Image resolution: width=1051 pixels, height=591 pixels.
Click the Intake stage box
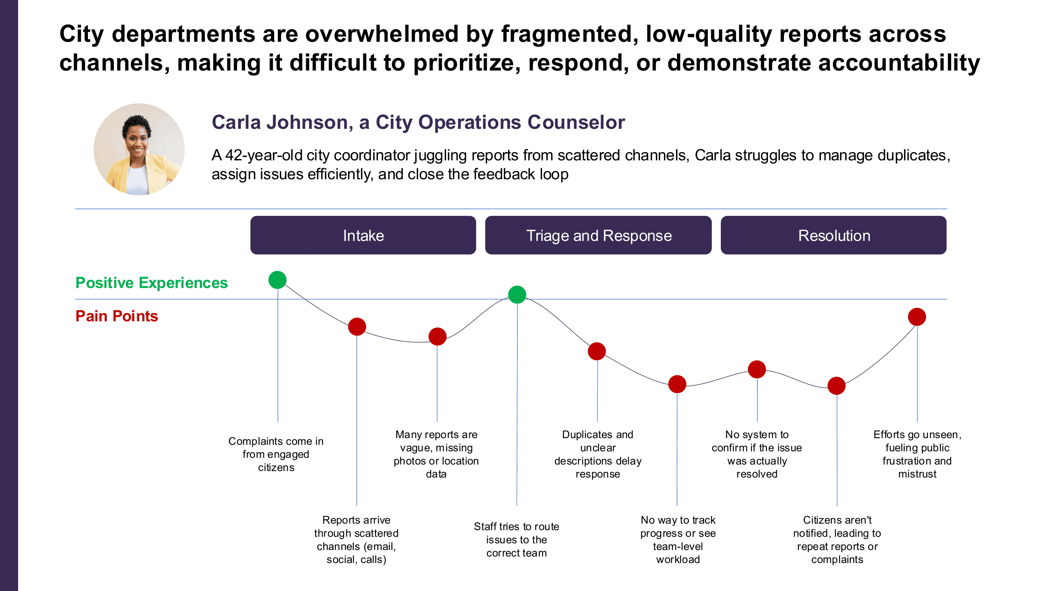pos(363,235)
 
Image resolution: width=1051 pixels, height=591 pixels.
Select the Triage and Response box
pos(598,235)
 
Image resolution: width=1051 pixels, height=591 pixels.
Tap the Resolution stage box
pos(833,235)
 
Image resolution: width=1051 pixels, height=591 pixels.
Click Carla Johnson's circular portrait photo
pos(139,149)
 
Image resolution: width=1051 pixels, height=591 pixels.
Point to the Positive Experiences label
pos(151,282)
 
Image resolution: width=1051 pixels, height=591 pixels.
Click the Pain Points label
pos(117,316)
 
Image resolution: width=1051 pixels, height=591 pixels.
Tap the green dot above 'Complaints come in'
pos(277,280)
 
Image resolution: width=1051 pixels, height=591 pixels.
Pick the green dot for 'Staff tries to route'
pos(517,294)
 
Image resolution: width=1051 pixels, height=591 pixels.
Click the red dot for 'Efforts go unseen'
pos(917,317)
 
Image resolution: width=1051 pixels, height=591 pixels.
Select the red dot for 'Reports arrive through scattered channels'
pos(357,327)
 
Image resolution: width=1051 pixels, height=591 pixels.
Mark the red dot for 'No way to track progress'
pos(677,384)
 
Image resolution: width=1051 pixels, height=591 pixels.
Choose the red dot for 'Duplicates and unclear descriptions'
pos(597,351)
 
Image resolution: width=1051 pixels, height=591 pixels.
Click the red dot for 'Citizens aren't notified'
pos(836,386)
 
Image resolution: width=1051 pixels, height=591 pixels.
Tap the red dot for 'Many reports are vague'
pos(437,336)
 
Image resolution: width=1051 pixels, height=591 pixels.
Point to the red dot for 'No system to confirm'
pos(757,370)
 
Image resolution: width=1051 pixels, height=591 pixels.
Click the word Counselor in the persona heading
pos(576,123)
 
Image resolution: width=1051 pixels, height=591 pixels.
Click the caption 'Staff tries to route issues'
pos(517,539)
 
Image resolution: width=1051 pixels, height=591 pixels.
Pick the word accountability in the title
pos(899,63)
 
